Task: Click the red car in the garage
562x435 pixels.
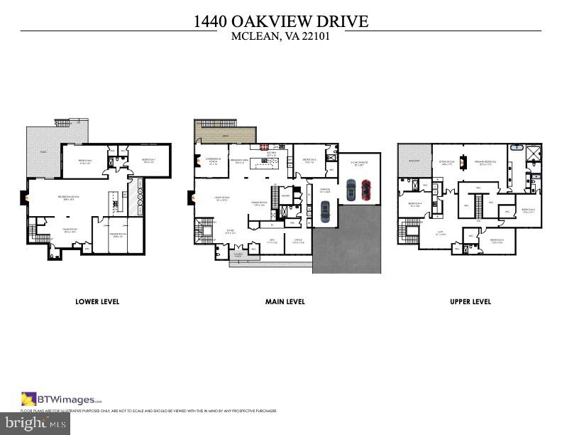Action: tap(366, 189)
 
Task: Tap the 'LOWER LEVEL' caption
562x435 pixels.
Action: tap(97, 301)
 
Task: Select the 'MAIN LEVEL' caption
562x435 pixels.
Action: tap(285, 301)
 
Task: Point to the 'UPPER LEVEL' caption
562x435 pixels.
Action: tap(470, 301)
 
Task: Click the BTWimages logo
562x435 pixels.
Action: tap(62, 399)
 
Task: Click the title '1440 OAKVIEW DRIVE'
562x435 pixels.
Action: tap(281, 21)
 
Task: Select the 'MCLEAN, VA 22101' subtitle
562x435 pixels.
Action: tap(281, 37)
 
